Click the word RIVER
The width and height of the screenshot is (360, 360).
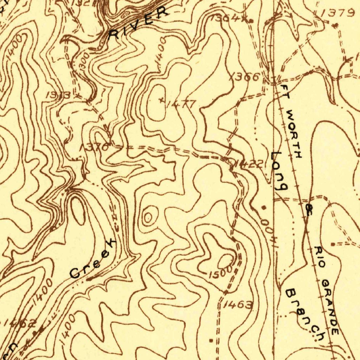point(139,24)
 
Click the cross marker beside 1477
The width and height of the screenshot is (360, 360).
point(161,100)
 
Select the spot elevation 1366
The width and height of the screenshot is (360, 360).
point(247,77)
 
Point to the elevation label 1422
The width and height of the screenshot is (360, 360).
point(249,164)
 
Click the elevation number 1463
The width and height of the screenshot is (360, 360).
point(238,305)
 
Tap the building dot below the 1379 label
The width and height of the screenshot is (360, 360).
point(335,25)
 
